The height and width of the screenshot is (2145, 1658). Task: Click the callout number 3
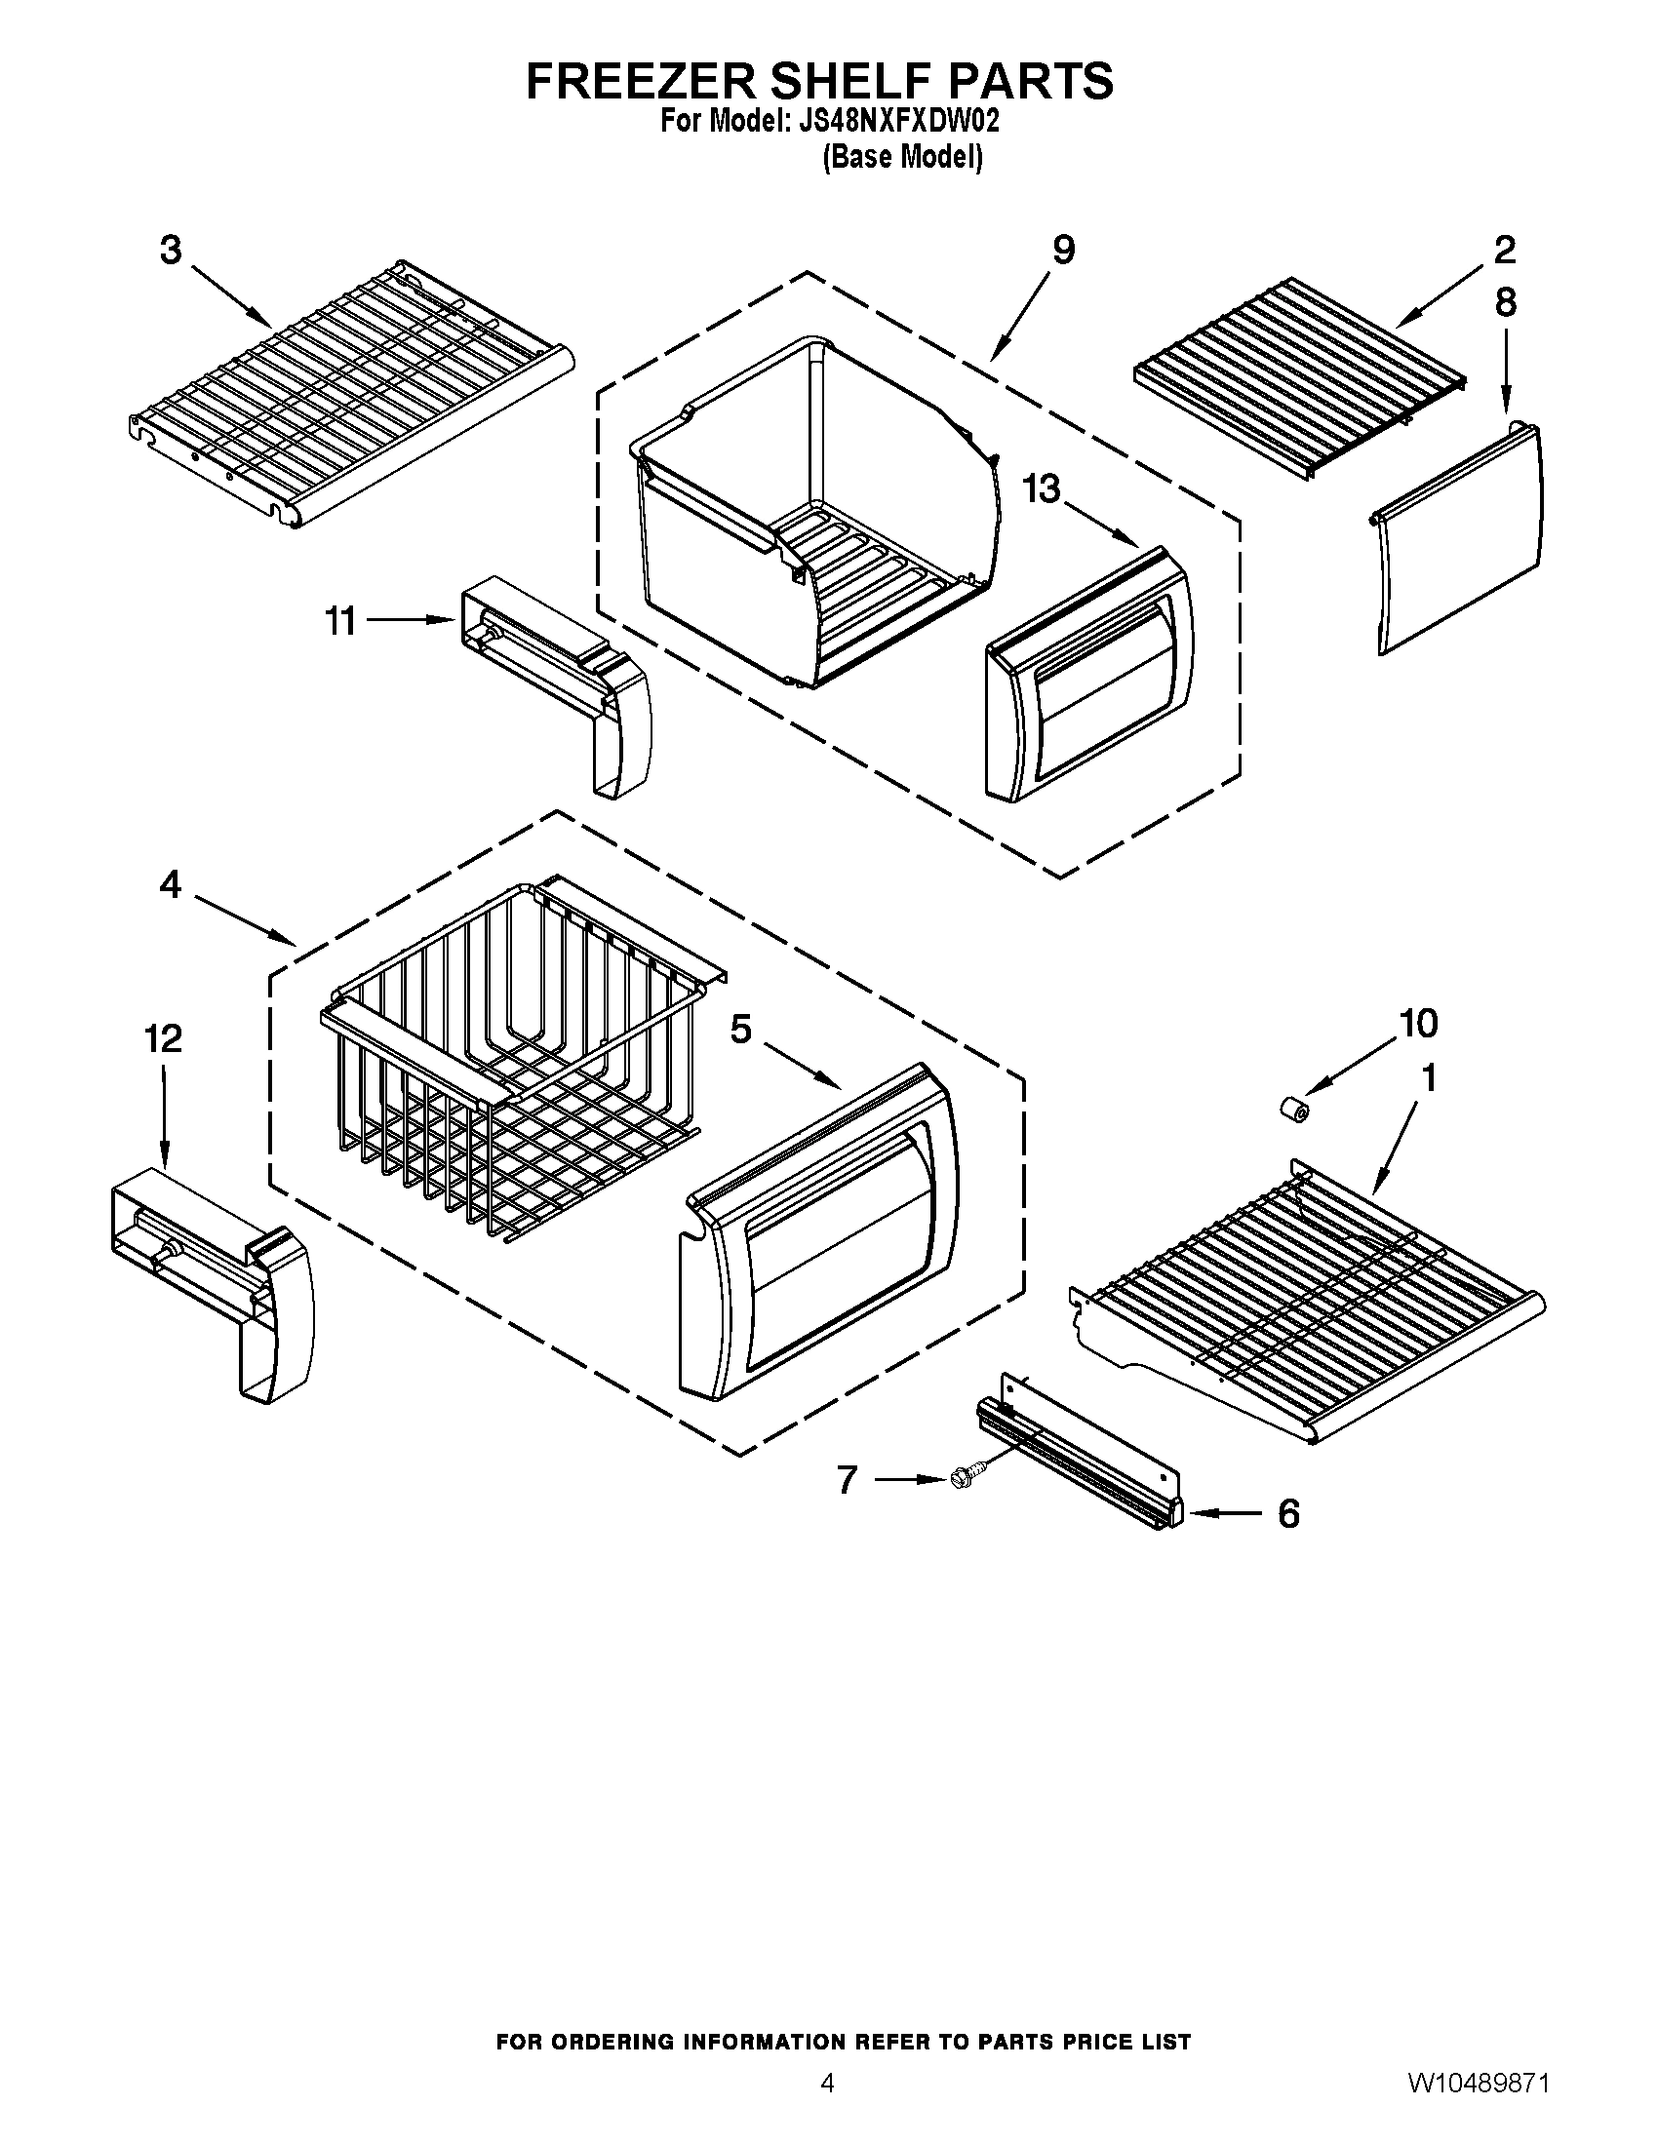click(x=171, y=251)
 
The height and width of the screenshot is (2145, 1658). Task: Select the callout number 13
click(x=1043, y=488)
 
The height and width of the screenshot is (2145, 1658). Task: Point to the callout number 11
click(x=340, y=621)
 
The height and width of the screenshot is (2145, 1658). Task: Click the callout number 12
click(x=163, y=1038)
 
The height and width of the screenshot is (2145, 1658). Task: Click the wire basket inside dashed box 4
click(x=511, y=1061)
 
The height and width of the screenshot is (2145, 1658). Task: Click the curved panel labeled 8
click(x=1459, y=540)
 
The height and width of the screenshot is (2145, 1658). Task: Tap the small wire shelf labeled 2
click(x=1296, y=378)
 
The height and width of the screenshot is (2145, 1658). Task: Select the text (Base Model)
click(x=902, y=157)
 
